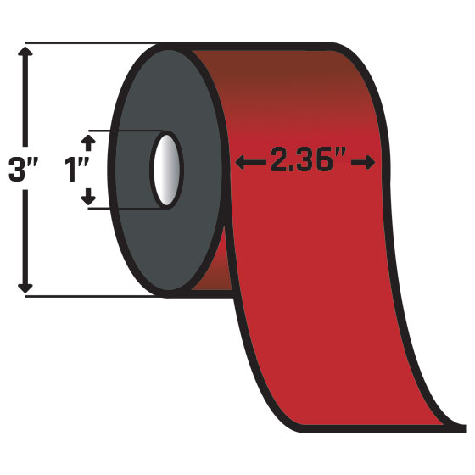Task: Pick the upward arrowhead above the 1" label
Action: coord(88,137)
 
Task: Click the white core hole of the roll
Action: coord(165,170)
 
